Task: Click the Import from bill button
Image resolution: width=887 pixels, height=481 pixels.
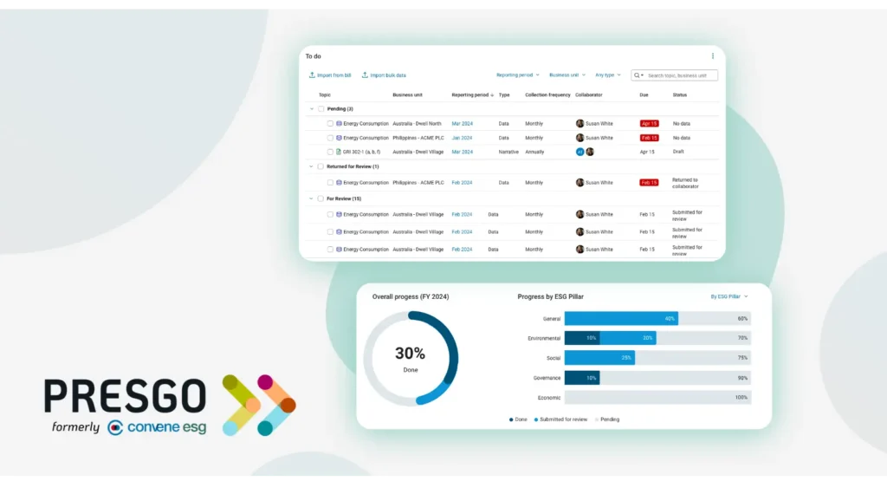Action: coord(330,75)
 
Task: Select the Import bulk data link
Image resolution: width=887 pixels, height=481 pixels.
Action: coord(384,75)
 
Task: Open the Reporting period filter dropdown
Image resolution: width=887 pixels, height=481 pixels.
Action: coord(517,75)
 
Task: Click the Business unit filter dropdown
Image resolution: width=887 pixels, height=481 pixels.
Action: coord(567,75)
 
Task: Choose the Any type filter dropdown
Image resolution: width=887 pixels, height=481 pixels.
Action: coord(607,75)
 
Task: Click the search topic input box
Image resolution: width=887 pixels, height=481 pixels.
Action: coord(681,75)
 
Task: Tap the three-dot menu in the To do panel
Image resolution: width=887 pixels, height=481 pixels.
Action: coord(713,56)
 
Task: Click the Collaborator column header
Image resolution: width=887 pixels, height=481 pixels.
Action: coord(588,94)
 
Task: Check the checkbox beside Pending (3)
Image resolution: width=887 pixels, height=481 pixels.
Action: coord(321,109)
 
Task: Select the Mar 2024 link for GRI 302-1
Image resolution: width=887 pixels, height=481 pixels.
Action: coord(462,152)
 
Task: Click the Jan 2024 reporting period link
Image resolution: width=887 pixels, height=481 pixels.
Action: coord(462,138)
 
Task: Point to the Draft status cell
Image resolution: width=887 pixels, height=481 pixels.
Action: coord(678,152)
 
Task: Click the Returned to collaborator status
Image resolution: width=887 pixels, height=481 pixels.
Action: coord(684,183)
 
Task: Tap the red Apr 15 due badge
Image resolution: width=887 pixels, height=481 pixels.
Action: coord(649,124)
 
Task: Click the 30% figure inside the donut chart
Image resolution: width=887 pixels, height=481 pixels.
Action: coord(410,354)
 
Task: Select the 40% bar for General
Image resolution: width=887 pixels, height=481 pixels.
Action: coord(621,319)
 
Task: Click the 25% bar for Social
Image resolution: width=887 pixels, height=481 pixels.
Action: coord(599,358)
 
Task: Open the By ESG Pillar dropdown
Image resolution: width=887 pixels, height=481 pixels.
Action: coord(728,296)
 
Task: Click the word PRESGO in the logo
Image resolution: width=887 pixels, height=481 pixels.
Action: coord(126,397)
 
